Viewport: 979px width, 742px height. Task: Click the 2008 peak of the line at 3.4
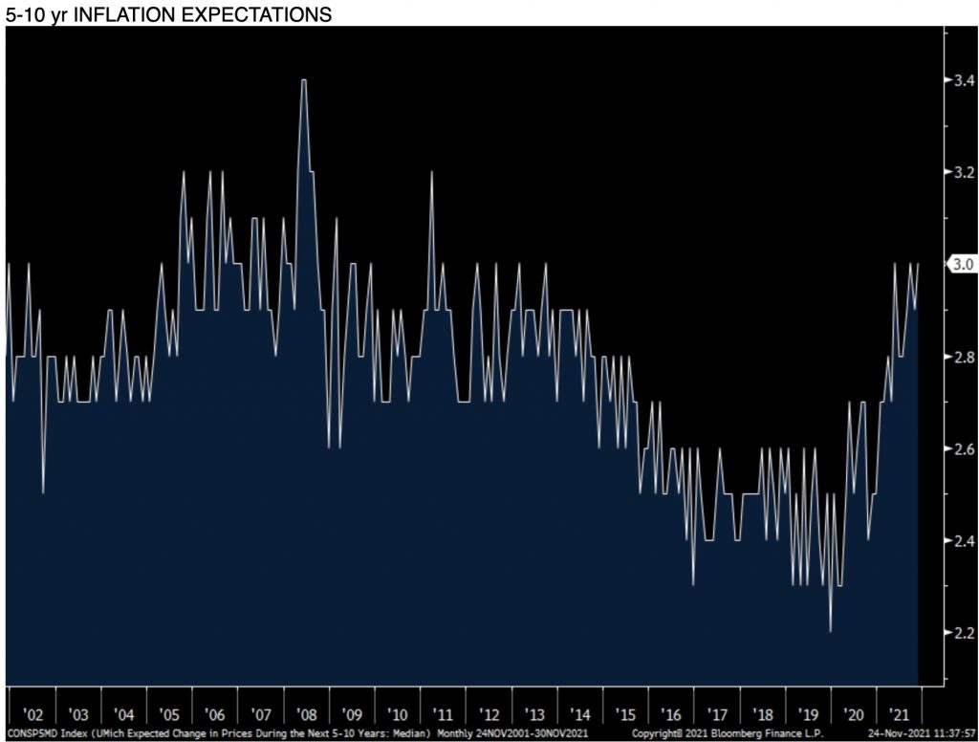click(x=304, y=81)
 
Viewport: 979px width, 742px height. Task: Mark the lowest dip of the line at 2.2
click(x=830, y=631)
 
